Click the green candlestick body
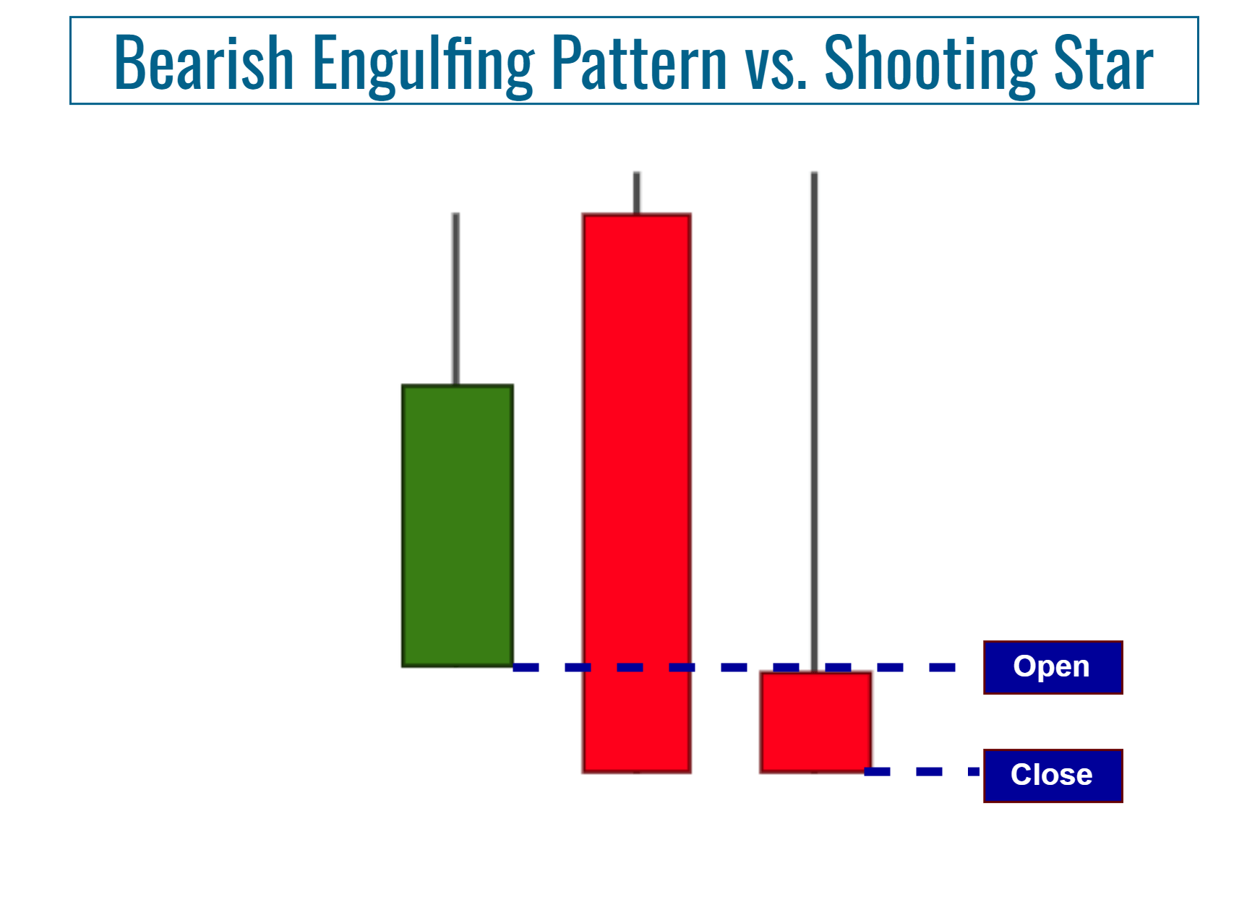click(x=458, y=525)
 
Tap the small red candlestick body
click(x=815, y=723)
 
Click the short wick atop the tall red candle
click(x=637, y=193)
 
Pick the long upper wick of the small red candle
click(x=814, y=419)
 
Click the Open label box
click(x=1053, y=667)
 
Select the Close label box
click(x=1053, y=776)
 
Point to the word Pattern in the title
click(x=639, y=63)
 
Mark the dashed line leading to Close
click(x=929, y=772)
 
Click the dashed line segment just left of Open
click(x=942, y=667)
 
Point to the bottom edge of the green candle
click(x=458, y=666)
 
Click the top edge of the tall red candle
click(x=637, y=215)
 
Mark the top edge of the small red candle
click(x=815, y=673)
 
